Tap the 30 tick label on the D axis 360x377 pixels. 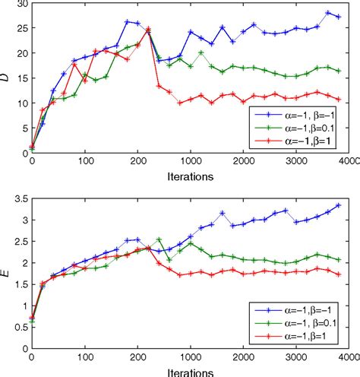[x=21, y=5]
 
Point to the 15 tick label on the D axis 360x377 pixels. [x=21, y=78]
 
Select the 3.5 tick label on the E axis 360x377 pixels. [x=19, y=198]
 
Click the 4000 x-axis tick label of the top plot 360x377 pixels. [x=348, y=162]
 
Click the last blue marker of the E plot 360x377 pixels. [x=338, y=205]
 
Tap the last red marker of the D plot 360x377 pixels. [x=338, y=99]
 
